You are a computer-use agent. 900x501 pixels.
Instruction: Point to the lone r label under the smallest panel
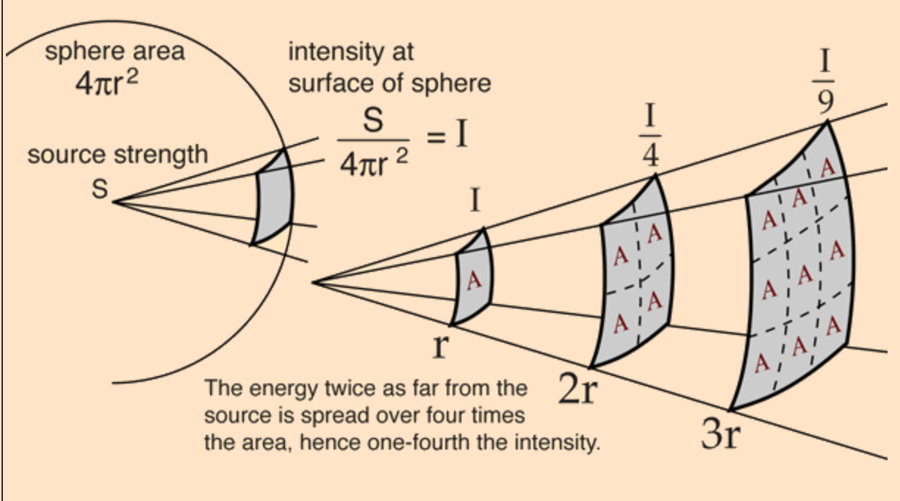[x=439, y=345]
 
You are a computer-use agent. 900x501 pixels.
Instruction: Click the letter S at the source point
[x=99, y=190]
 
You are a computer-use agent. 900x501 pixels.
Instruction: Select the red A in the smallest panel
[x=473, y=280]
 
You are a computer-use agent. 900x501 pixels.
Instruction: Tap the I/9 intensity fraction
[x=826, y=81]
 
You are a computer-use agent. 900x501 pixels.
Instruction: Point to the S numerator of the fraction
[x=373, y=122]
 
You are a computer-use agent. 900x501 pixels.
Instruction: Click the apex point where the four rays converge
[x=314, y=281]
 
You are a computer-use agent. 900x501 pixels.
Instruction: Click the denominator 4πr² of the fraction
[x=373, y=162]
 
